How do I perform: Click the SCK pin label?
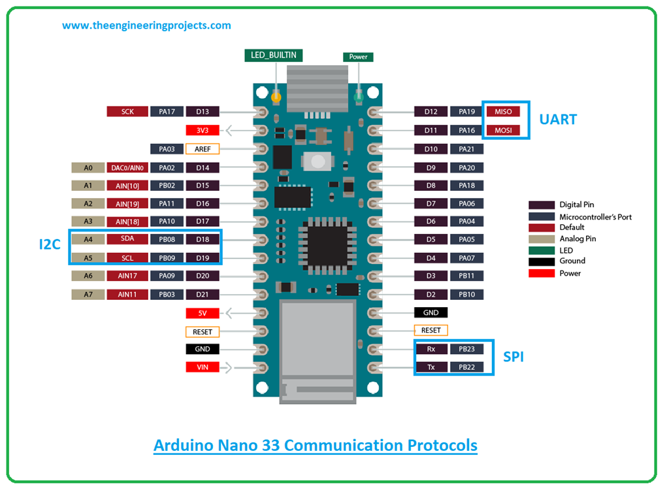127,112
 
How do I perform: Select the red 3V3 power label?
203,130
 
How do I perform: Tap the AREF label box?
203,149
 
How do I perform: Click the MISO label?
503,112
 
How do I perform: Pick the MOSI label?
503,130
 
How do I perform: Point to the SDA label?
127,239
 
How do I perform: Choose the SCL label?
127,257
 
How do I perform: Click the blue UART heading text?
557,120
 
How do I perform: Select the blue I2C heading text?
50,245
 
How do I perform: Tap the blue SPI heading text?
513,357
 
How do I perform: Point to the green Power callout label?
358,57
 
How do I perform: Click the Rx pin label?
431,349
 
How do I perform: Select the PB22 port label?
466,367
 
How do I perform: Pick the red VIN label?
203,367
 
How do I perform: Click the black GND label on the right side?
431,312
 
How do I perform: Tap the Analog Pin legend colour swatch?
542,239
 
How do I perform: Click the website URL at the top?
146,25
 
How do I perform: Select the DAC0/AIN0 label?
127,168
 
